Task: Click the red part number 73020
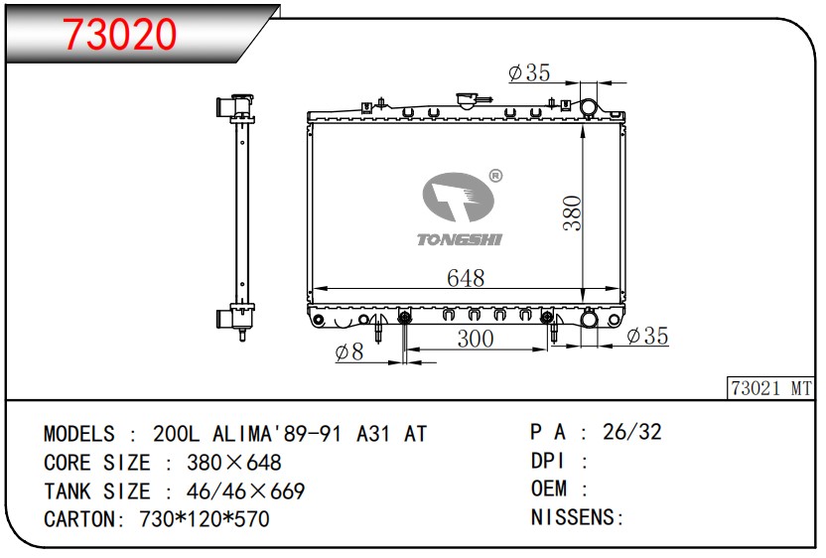(x=119, y=34)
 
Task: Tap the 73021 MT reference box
(x=771, y=388)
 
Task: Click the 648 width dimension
(x=466, y=278)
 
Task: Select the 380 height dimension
(x=572, y=212)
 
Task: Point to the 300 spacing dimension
(x=476, y=339)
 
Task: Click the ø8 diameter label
(x=349, y=351)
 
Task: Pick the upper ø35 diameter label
(x=529, y=72)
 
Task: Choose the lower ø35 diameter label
(x=647, y=336)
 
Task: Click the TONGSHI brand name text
(x=460, y=239)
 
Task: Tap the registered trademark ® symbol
(x=495, y=176)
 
